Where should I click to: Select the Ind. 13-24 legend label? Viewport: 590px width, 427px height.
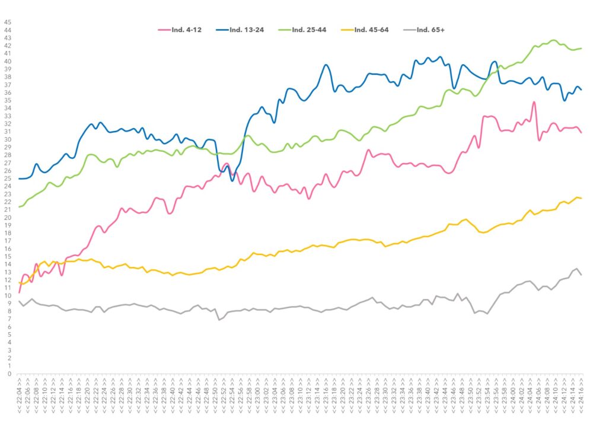(247, 30)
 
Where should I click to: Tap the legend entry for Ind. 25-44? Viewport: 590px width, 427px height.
(310, 30)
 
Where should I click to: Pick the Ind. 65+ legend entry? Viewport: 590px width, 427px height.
(429, 30)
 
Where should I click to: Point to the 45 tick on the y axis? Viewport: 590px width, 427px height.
(8, 23)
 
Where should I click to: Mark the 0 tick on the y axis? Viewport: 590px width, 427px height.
(8, 374)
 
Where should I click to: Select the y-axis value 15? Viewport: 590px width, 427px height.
(8, 257)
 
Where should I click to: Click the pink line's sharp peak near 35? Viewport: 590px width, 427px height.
(534, 102)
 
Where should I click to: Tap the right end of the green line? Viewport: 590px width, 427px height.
(581, 48)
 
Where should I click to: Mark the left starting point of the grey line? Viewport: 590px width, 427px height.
(20, 301)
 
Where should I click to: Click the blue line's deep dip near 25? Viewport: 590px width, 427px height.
(232, 180)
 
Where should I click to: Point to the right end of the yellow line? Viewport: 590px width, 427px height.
(581, 198)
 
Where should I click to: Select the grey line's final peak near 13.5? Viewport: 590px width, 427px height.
(577, 269)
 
